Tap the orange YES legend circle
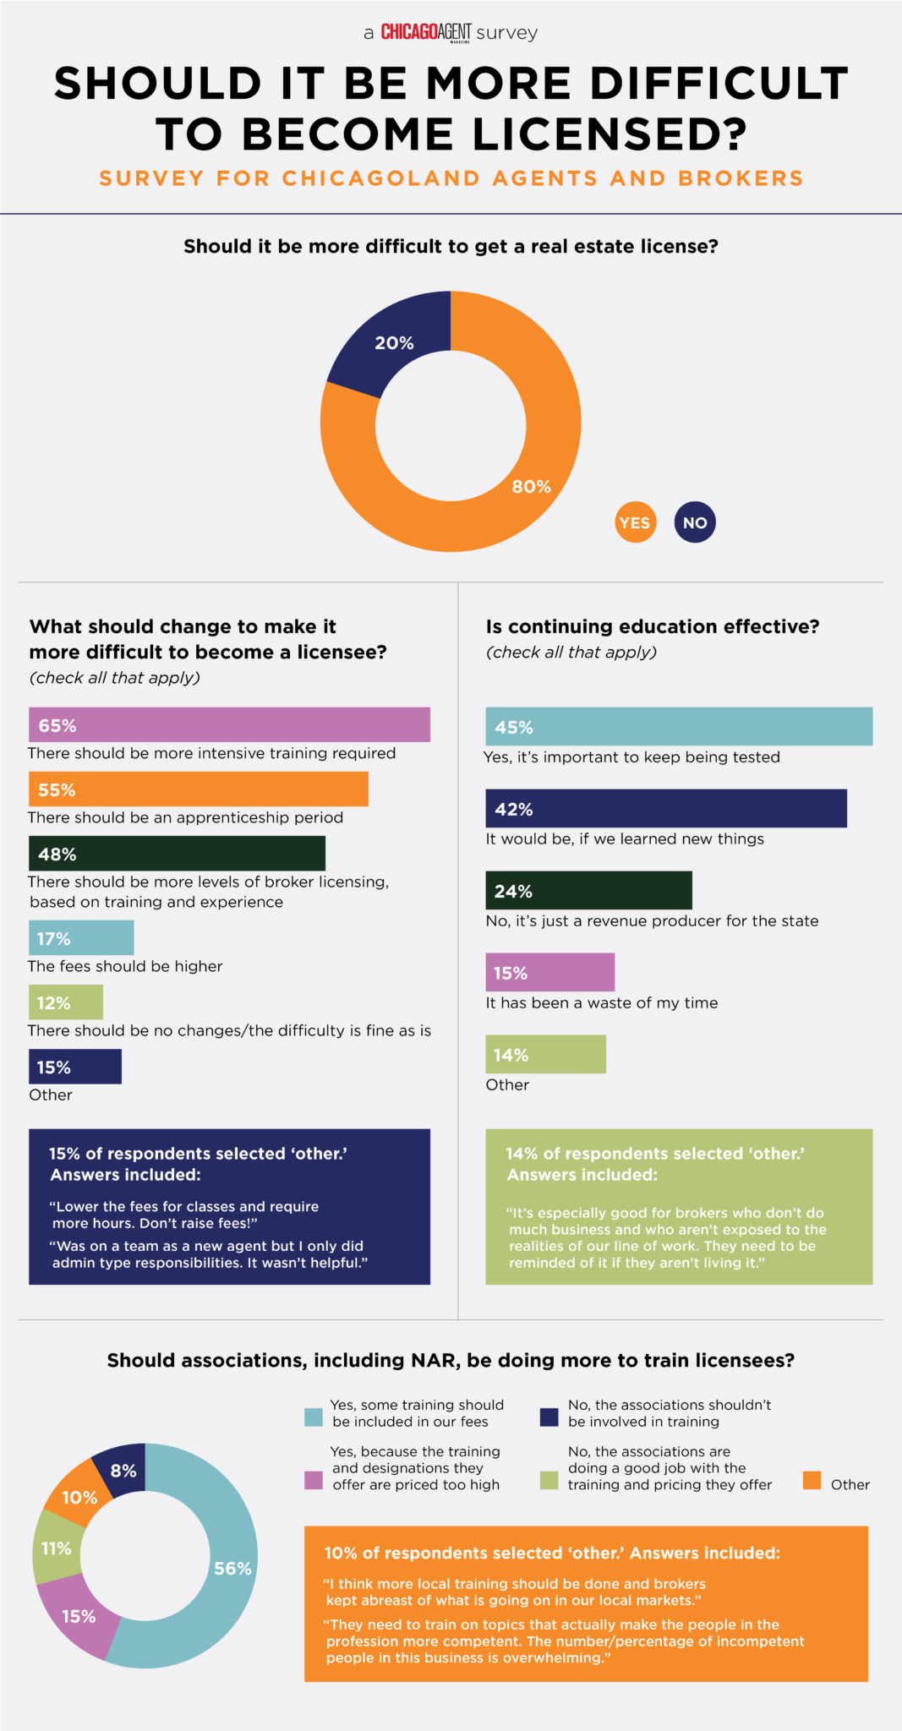635,522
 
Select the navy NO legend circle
695,522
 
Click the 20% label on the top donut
394,343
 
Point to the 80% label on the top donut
531,487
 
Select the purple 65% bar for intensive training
229,725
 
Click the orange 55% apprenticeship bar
199,789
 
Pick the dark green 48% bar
177,854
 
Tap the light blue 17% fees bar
81,938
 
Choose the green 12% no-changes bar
66,1002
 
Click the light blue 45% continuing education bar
679,727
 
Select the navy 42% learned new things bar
666,809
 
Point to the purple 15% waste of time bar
549,973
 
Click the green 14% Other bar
545,1055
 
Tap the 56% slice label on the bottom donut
232,1569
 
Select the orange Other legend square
812,1481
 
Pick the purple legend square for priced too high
314,1481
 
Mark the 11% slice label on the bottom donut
57,1548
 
